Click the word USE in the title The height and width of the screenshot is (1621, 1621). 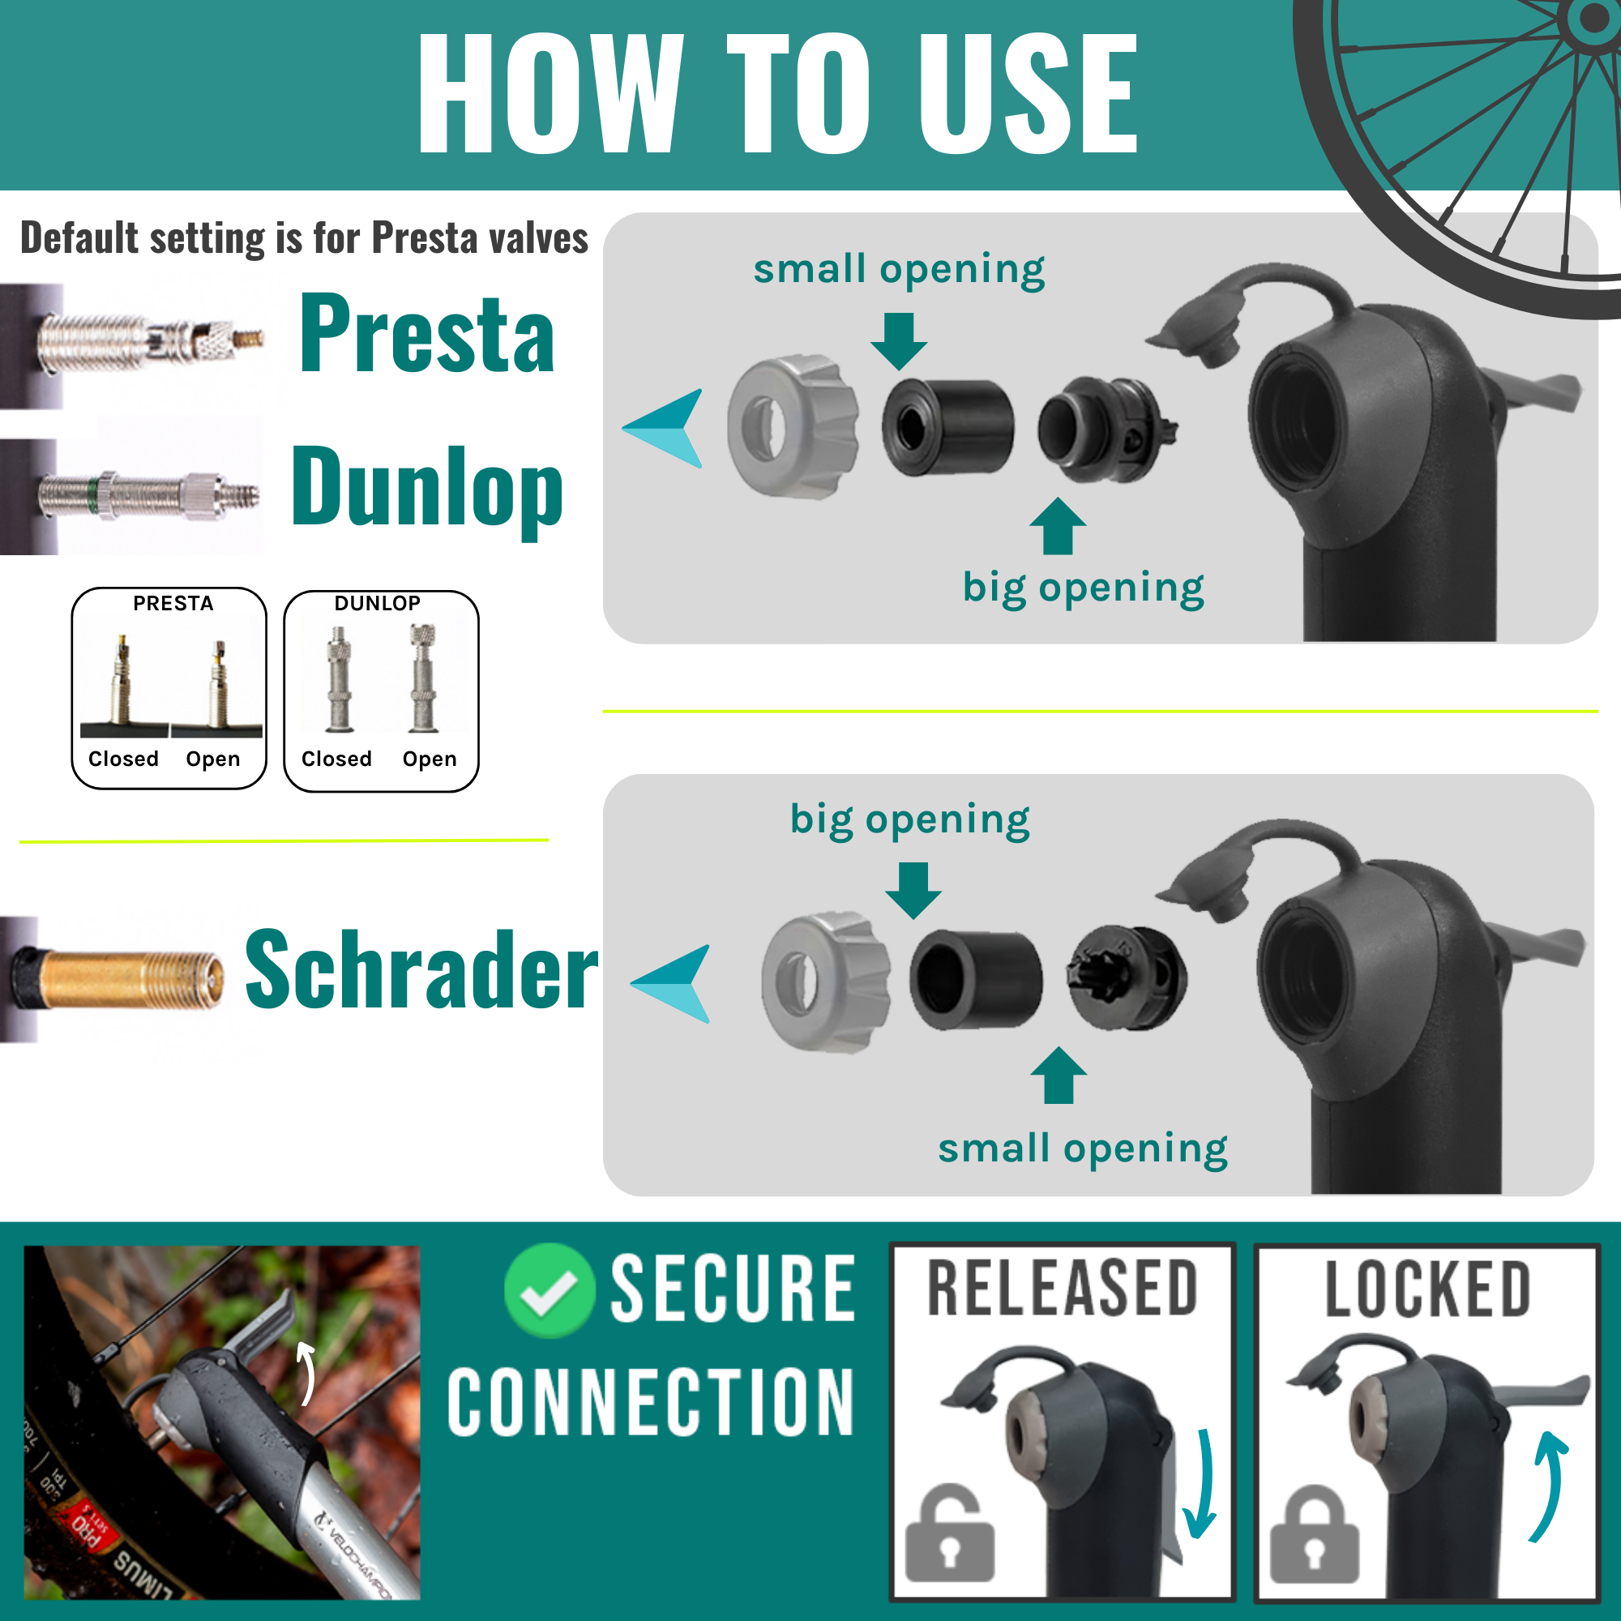[x=1027, y=94]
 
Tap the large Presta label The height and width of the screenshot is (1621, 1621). [x=427, y=335]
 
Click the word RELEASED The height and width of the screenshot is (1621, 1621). [x=1063, y=1289]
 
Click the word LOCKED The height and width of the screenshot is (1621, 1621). [x=1428, y=1290]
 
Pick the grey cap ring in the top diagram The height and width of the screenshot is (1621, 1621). [x=792, y=426]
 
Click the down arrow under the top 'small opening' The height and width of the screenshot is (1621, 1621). [x=899, y=340]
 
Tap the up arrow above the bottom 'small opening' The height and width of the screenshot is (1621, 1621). [x=1058, y=1076]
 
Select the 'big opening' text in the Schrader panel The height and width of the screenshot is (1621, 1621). [x=909, y=819]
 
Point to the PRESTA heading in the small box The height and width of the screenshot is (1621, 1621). [x=173, y=603]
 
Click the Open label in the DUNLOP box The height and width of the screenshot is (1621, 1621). [x=430, y=759]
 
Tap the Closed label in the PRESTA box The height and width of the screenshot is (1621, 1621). [x=123, y=759]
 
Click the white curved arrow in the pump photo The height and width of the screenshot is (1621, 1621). [x=307, y=1374]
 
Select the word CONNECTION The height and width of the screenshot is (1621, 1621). [x=651, y=1402]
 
